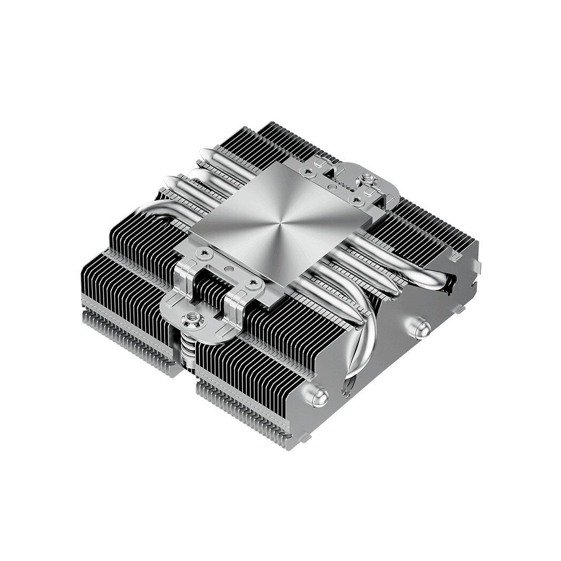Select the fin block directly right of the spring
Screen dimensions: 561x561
tap(251, 374)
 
